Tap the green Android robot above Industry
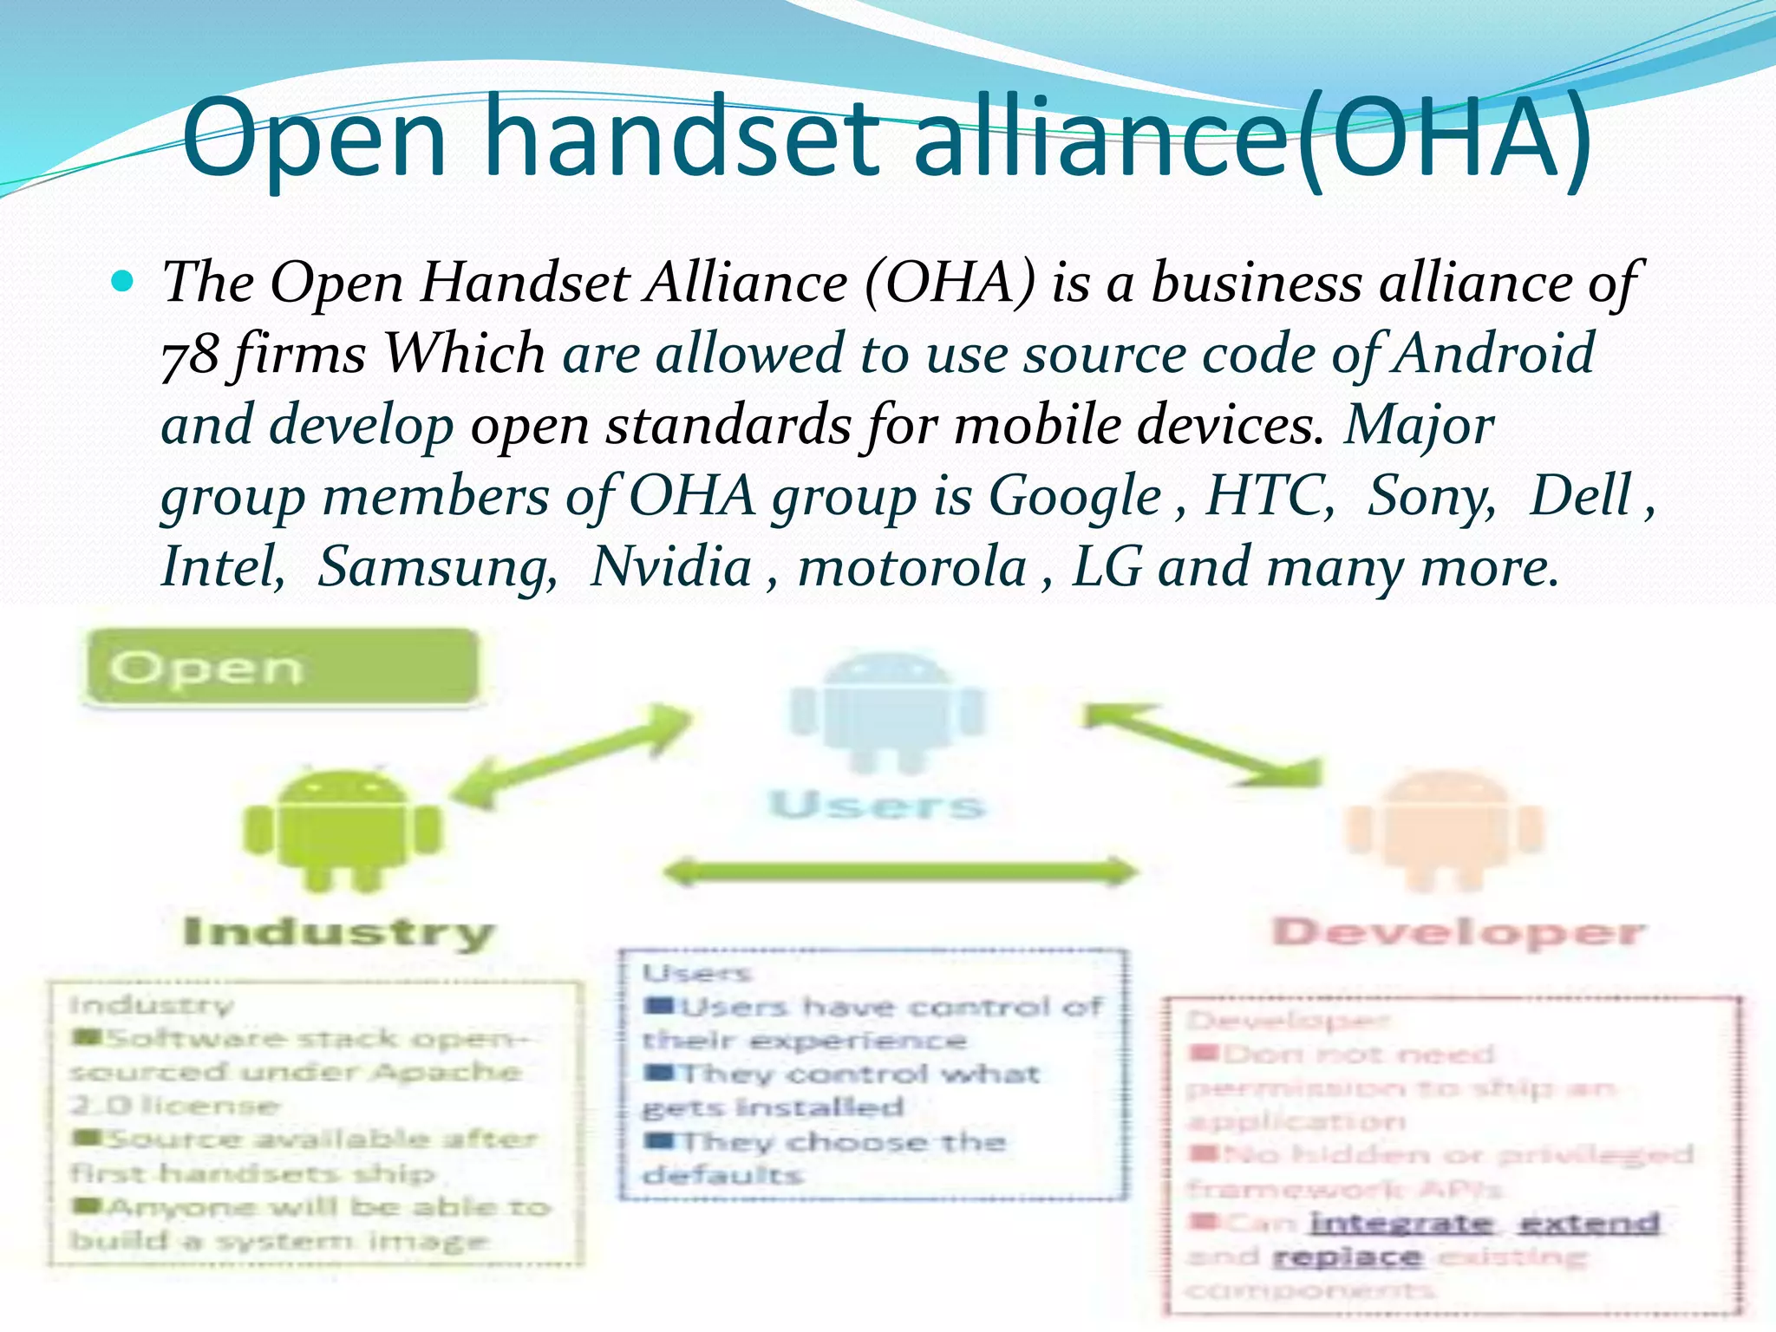[x=343, y=828]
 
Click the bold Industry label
[x=339, y=933]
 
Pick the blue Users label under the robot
[x=878, y=805]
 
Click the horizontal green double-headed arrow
[x=900, y=871]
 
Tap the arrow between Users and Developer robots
[x=1204, y=745]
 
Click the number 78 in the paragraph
[x=190, y=356]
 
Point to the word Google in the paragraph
[x=1074, y=497]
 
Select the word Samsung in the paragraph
[x=438, y=568]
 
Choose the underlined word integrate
[x=1401, y=1223]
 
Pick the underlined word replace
[x=1347, y=1257]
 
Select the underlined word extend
[x=1590, y=1223]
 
